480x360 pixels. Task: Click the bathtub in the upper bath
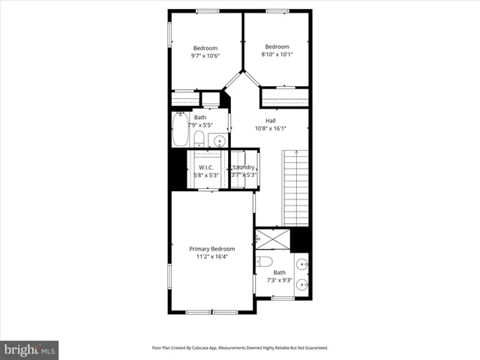(x=180, y=130)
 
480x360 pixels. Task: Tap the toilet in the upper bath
(x=198, y=139)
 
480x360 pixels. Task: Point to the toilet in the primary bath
(x=263, y=262)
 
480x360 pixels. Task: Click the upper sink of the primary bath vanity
(x=301, y=263)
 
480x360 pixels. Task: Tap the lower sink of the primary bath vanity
(x=301, y=284)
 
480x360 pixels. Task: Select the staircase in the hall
(x=296, y=187)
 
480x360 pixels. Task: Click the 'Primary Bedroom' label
(x=211, y=249)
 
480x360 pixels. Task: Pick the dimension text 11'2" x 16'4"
(x=211, y=257)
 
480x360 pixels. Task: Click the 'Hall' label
(x=270, y=120)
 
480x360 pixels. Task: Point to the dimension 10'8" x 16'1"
(x=270, y=128)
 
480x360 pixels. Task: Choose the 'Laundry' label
(x=244, y=167)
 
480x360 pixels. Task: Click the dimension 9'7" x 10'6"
(x=205, y=55)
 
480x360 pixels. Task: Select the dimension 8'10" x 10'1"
(x=277, y=54)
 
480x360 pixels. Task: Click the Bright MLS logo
(x=30, y=349)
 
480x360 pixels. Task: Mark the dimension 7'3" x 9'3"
(x=279, y=280)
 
